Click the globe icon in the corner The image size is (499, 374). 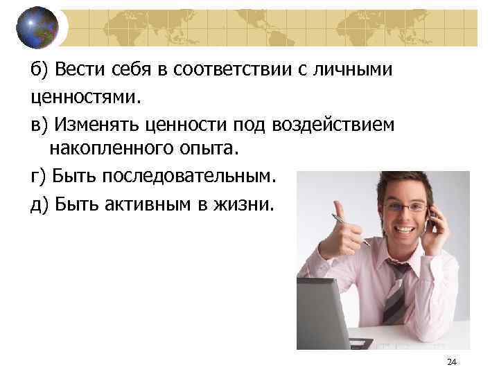tap(37, 27)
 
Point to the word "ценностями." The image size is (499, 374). tap(86, 97)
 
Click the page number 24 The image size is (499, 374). tap(453, 362)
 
